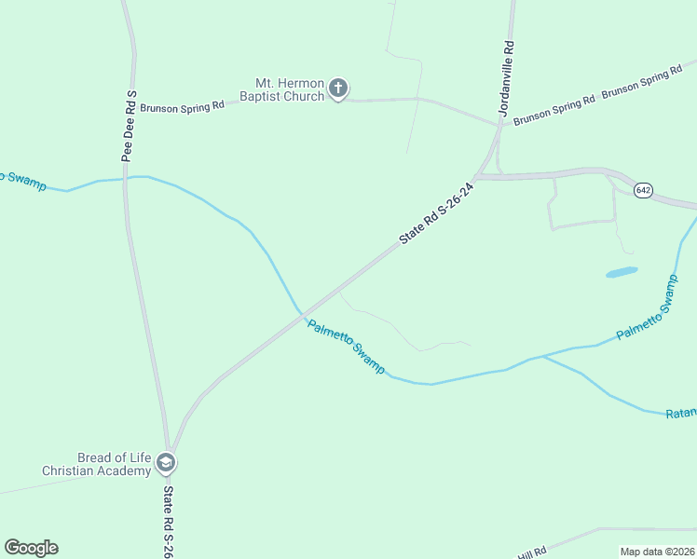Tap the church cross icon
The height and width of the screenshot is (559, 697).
(338, 89)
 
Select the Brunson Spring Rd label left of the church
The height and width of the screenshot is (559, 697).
(184, 107)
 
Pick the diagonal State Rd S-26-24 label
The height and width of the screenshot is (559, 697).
(437, 213)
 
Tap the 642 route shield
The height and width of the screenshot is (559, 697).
(643, 190)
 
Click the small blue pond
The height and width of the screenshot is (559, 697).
(622, 273)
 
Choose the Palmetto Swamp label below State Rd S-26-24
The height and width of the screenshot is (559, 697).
(346, 346)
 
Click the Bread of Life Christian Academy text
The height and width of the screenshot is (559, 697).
(97, 464)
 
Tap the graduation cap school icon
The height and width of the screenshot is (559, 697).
(166, 462)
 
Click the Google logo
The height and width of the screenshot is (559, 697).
(31, 548)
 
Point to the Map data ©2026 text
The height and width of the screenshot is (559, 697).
(657, 552)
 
